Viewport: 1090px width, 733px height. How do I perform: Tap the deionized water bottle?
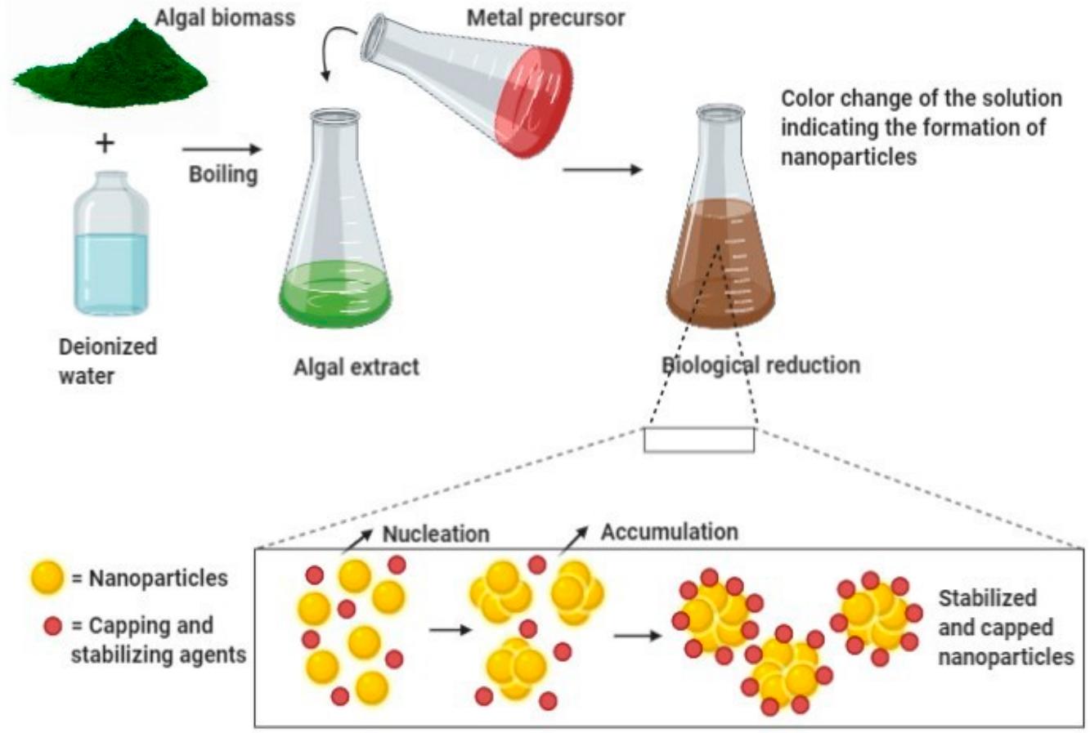point(111,245)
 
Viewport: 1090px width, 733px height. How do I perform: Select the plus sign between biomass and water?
point(105,145)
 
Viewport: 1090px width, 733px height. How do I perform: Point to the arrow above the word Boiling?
point(222,150)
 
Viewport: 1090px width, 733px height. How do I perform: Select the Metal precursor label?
point(545,18)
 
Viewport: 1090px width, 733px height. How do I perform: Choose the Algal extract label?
point(356,367)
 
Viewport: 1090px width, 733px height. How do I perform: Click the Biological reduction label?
point(760,364)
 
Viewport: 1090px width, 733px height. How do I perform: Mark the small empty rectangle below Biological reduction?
point(698,440)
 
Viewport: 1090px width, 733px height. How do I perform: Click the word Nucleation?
point(436,534)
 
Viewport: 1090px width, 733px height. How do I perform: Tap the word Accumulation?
point(669,532)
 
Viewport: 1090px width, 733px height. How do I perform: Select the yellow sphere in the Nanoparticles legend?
point(47,579)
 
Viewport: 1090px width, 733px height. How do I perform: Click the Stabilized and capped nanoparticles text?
point(1005,627)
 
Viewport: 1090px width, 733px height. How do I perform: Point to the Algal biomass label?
point(225,18)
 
